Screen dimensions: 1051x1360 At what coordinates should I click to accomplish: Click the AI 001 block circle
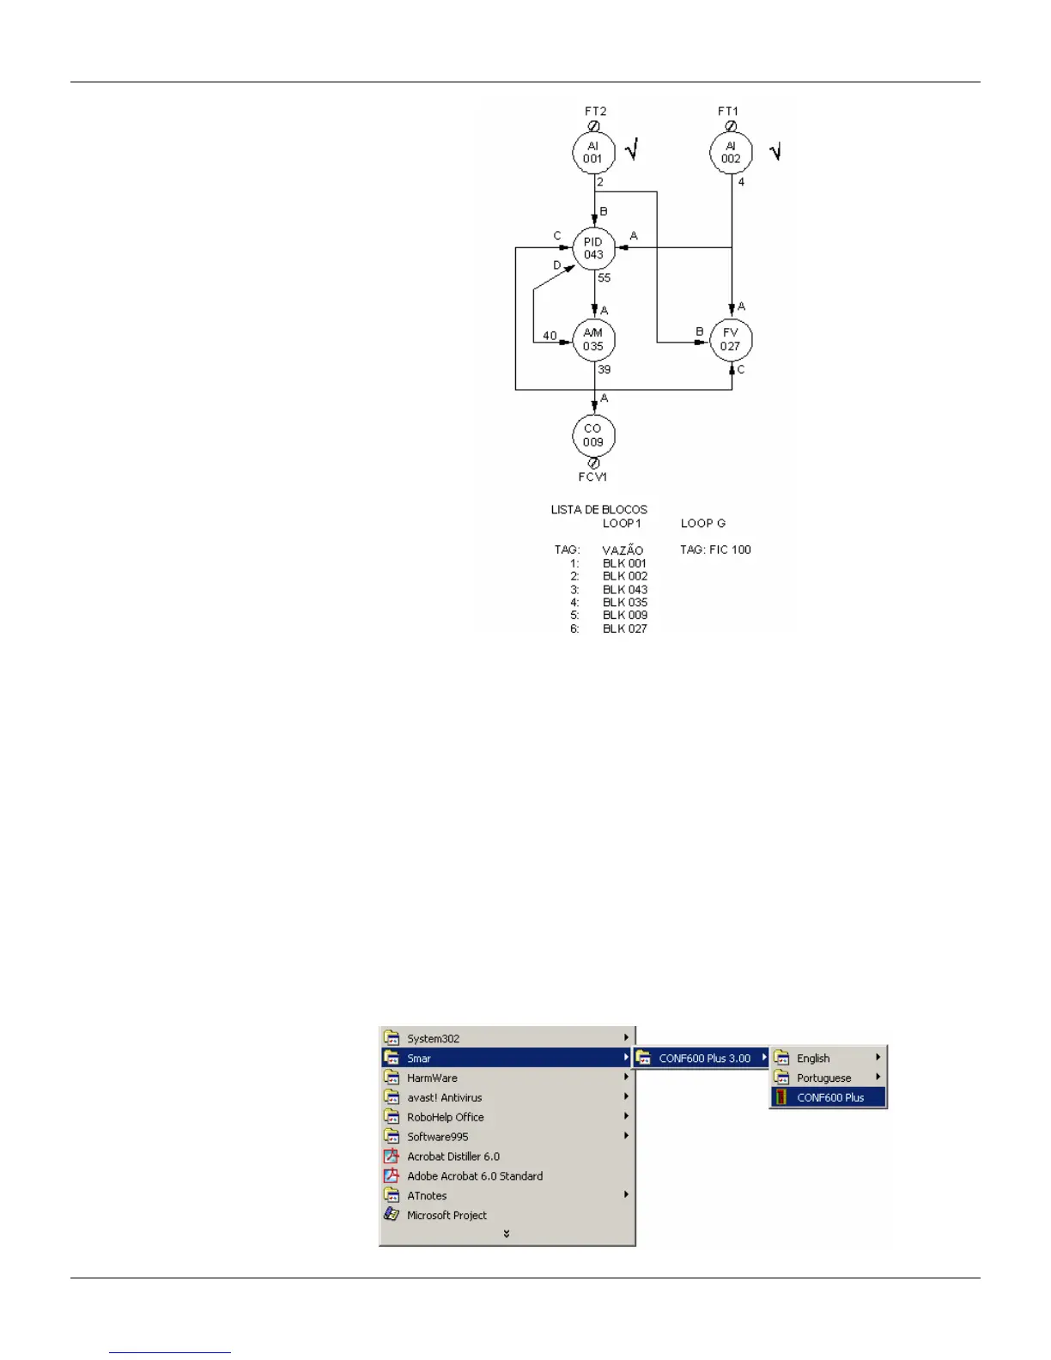point(593,153)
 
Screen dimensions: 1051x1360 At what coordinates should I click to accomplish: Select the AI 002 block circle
point(731,153)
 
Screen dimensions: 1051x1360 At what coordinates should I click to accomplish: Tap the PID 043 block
point(593,248)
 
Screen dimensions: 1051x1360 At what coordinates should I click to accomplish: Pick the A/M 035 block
point(593,340)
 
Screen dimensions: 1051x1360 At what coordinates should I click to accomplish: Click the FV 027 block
point(731,340)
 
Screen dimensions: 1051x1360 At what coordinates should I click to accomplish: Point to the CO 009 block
point(593,435)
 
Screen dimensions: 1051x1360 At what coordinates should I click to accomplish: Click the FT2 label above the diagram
point(596,112)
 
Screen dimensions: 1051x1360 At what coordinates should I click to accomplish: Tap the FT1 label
point(728,112)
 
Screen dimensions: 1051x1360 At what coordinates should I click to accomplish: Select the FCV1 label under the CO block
point(592,477)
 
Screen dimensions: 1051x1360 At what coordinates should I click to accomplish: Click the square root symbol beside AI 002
point(775,152)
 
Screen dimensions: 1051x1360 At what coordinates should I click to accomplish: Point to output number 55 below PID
point(604,278)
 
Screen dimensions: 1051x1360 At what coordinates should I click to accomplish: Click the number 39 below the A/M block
point(604,370)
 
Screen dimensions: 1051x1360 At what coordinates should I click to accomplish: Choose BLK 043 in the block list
point(625,590)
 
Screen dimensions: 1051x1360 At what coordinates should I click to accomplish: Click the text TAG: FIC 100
point(715,549)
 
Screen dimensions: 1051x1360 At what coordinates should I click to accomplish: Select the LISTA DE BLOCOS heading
point(599,509)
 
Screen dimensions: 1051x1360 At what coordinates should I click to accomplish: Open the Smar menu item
point(419,1059)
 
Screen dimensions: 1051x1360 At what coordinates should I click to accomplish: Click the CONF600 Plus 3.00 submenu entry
point(704,1059)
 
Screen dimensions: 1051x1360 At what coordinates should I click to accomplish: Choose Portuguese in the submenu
point(823,1078)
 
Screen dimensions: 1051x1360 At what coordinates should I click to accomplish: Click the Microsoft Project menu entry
point(447,1216)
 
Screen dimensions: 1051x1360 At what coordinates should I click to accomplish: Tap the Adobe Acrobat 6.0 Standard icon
point(392,1176)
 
